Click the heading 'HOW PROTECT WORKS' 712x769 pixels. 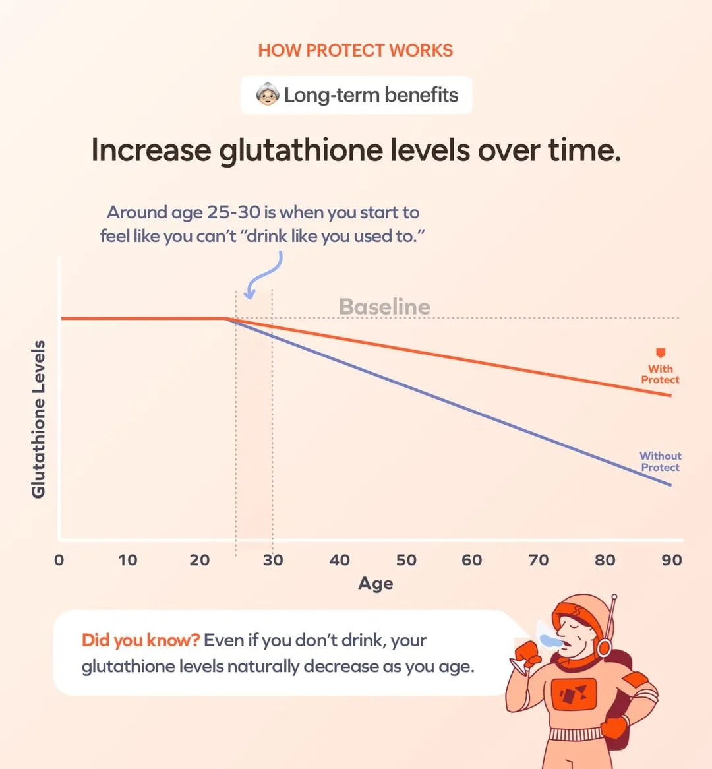point(355,51)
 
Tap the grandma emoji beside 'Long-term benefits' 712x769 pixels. point(268,95)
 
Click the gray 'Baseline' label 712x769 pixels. point(384,307)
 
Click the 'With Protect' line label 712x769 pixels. point(660,375)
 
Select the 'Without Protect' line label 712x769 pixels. point(660,462)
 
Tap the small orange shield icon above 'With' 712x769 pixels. point(661,354)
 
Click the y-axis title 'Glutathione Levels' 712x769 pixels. point(38,419)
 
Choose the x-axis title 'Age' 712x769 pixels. point(375,584)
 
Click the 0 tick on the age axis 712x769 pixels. point(59,561)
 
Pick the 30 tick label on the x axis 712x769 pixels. point(273,561)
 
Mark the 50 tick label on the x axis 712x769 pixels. point(406,561)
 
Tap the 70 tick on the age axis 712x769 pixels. point(538,561)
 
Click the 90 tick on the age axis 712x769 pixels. point(672,561)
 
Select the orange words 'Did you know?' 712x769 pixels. point(140,640)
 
